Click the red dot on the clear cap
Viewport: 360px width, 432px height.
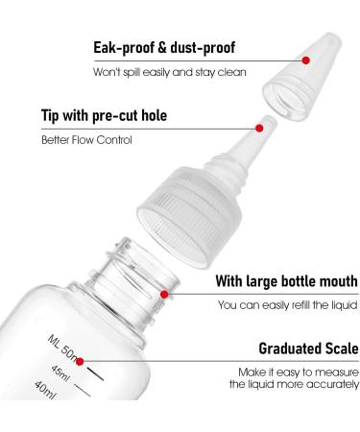305,59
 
